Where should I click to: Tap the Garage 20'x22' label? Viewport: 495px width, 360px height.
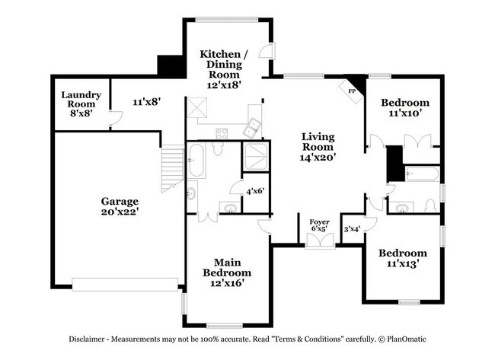[x=120, y=207]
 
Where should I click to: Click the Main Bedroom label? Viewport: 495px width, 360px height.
[x=226, y=272]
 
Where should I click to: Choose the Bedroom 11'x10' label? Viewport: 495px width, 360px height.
[x=404, y=107]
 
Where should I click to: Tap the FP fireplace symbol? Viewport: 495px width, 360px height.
[x=352, y=91]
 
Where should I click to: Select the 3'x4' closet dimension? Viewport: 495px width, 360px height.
[x=352, y=228]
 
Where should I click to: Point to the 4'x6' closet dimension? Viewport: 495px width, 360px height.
[x=254, y=190]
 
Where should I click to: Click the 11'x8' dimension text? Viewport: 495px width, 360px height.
[x=146, y=100]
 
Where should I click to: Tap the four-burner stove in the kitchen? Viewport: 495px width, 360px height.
[x=222, y=133]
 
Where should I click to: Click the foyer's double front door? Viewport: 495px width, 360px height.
[x=319, y=242]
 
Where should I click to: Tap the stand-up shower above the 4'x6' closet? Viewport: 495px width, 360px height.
[x=253, y=156]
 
